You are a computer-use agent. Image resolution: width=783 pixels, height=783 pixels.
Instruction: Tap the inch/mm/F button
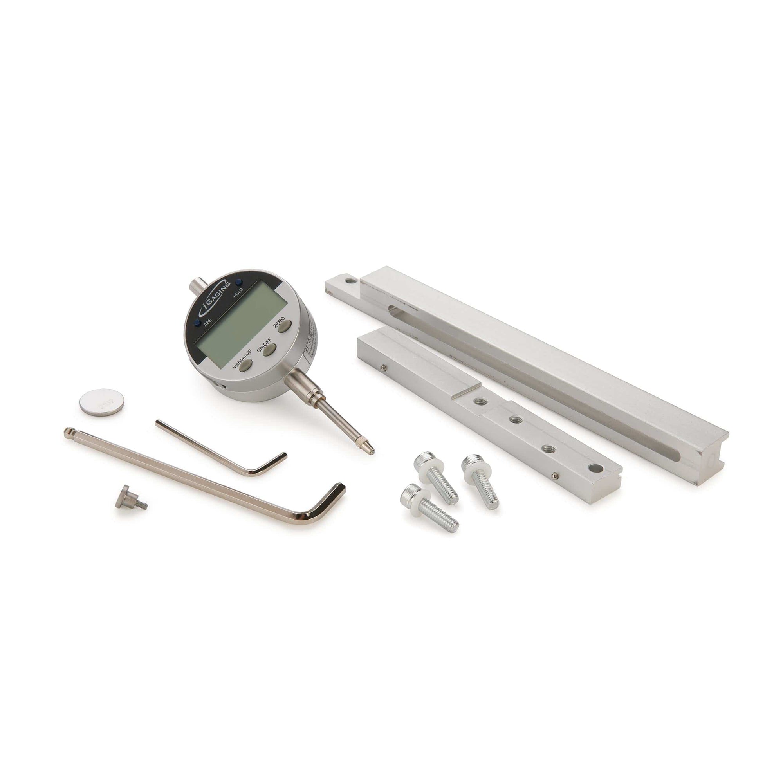point(245,366)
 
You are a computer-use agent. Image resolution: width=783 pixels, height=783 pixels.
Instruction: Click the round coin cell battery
point(101,402)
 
